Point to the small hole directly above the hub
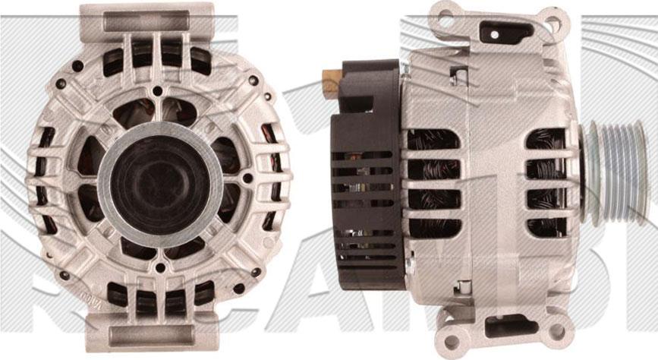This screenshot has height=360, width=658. pyautogui.click(x=158, y=91)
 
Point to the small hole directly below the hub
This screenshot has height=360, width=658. pyautogui.click(x=158, y=268)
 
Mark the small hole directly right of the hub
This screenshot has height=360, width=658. pyautogui.click(x=247, y=178)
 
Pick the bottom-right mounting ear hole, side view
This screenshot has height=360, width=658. pyautogui.click(x=556, y=330)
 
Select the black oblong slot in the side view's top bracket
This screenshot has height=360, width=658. pyautogui.click(x=506, y=32)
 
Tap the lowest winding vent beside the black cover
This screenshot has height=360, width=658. pyautogui.click(x=433, y=226)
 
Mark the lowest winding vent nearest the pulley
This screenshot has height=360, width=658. pyautogui.click(x=546, y=226)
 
